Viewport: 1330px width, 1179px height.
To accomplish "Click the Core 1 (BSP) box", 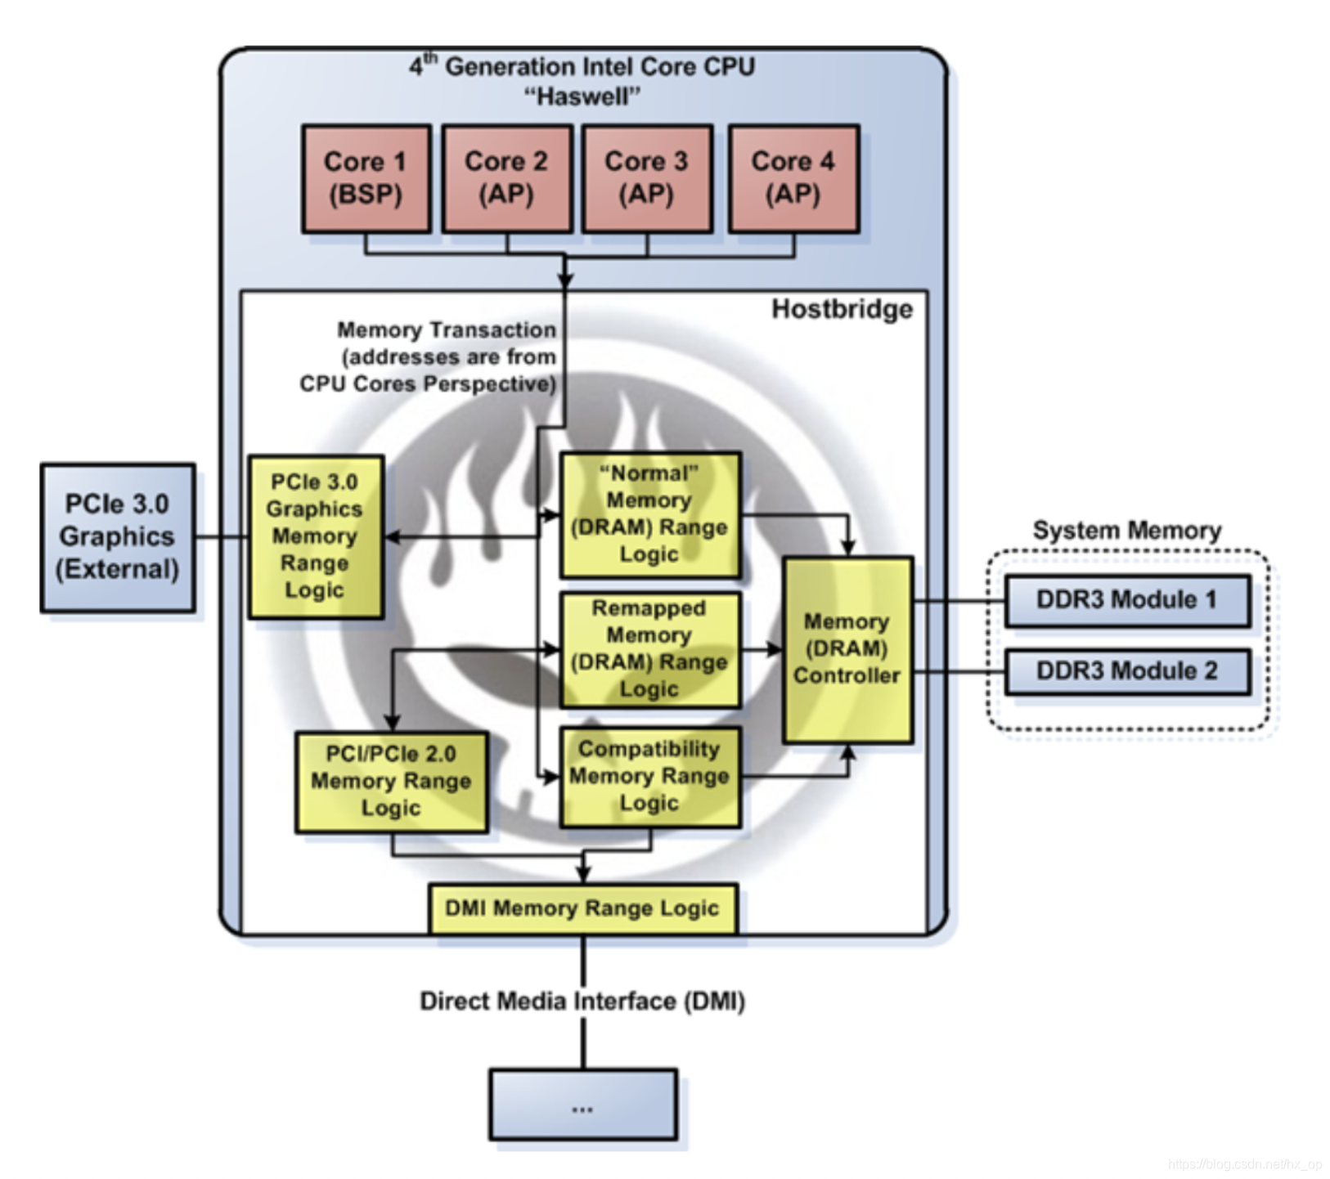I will coord(366,178).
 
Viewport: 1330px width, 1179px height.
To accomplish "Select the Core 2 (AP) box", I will coord(506,178).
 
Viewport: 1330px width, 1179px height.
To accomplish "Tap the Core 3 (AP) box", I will coord(646,178).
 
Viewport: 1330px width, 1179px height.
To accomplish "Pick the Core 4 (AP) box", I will coord(793,178).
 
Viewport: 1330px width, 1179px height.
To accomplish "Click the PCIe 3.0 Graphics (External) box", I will coord(118,537).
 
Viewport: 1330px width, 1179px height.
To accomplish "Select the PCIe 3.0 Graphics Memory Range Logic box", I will coord(315,536).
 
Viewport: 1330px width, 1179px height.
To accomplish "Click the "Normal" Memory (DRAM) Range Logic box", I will coord(649,514).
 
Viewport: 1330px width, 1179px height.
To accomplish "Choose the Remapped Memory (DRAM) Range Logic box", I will coord(649,649).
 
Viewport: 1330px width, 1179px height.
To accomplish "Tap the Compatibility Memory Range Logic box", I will coord(649,776).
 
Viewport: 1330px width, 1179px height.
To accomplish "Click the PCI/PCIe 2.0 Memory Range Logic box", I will coord(391,782).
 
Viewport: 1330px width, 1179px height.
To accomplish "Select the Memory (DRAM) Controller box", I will coord(847,649).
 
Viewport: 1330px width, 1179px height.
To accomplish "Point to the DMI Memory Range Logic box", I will coord(582,908).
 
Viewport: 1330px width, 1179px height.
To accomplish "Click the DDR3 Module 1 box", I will coord(1126,600).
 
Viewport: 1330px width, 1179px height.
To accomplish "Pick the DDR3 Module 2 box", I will coord(1126,671).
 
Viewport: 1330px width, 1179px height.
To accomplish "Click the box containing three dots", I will coord(582,1104).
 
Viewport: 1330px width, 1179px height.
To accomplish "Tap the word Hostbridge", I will coord(842,309).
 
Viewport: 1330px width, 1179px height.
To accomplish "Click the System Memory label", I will coord(1126,531).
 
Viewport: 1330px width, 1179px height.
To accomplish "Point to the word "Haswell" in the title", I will coord(582,96).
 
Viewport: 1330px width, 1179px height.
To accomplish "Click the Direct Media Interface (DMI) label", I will coord(582,1002).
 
